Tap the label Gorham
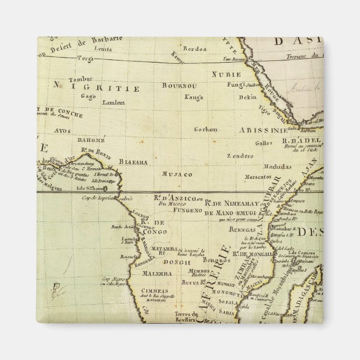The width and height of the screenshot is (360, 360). click(205, 129)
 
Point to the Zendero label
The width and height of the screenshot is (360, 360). click(238, 156)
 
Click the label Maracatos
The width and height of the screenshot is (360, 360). click(257, 177)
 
